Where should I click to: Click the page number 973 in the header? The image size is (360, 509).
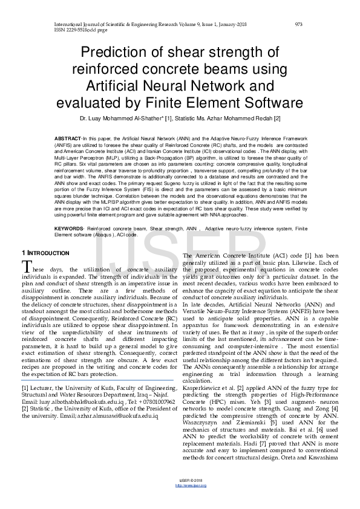click(298, 24)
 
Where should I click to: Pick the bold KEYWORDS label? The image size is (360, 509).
click(69, 229)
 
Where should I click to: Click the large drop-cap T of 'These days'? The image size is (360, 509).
click(27, 267)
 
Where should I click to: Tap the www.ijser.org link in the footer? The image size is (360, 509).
click(180, 502)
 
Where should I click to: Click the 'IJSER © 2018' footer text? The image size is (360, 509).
click(180, 498)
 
